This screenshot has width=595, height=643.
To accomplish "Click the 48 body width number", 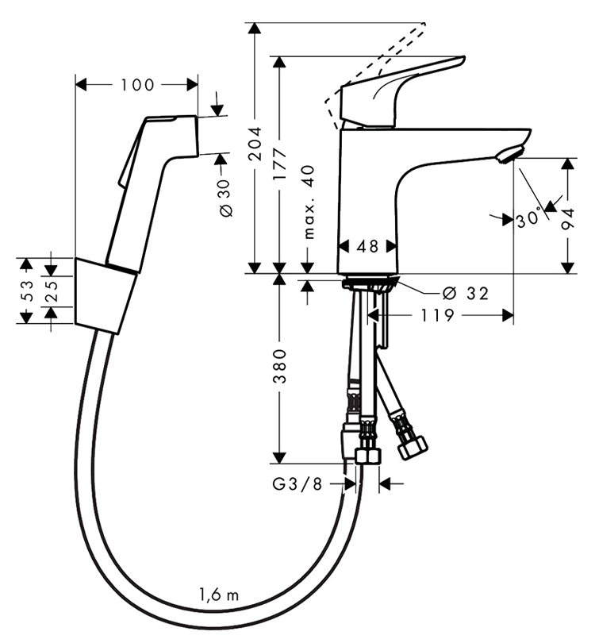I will (367, 247).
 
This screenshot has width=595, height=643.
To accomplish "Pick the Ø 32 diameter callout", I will (463, 294).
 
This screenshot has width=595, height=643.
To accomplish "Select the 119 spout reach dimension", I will (437, 316).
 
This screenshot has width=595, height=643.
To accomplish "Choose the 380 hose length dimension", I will (278, 368).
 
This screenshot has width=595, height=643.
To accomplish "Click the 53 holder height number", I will (26, 291).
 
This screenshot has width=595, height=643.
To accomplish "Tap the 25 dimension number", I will (51, 291).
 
